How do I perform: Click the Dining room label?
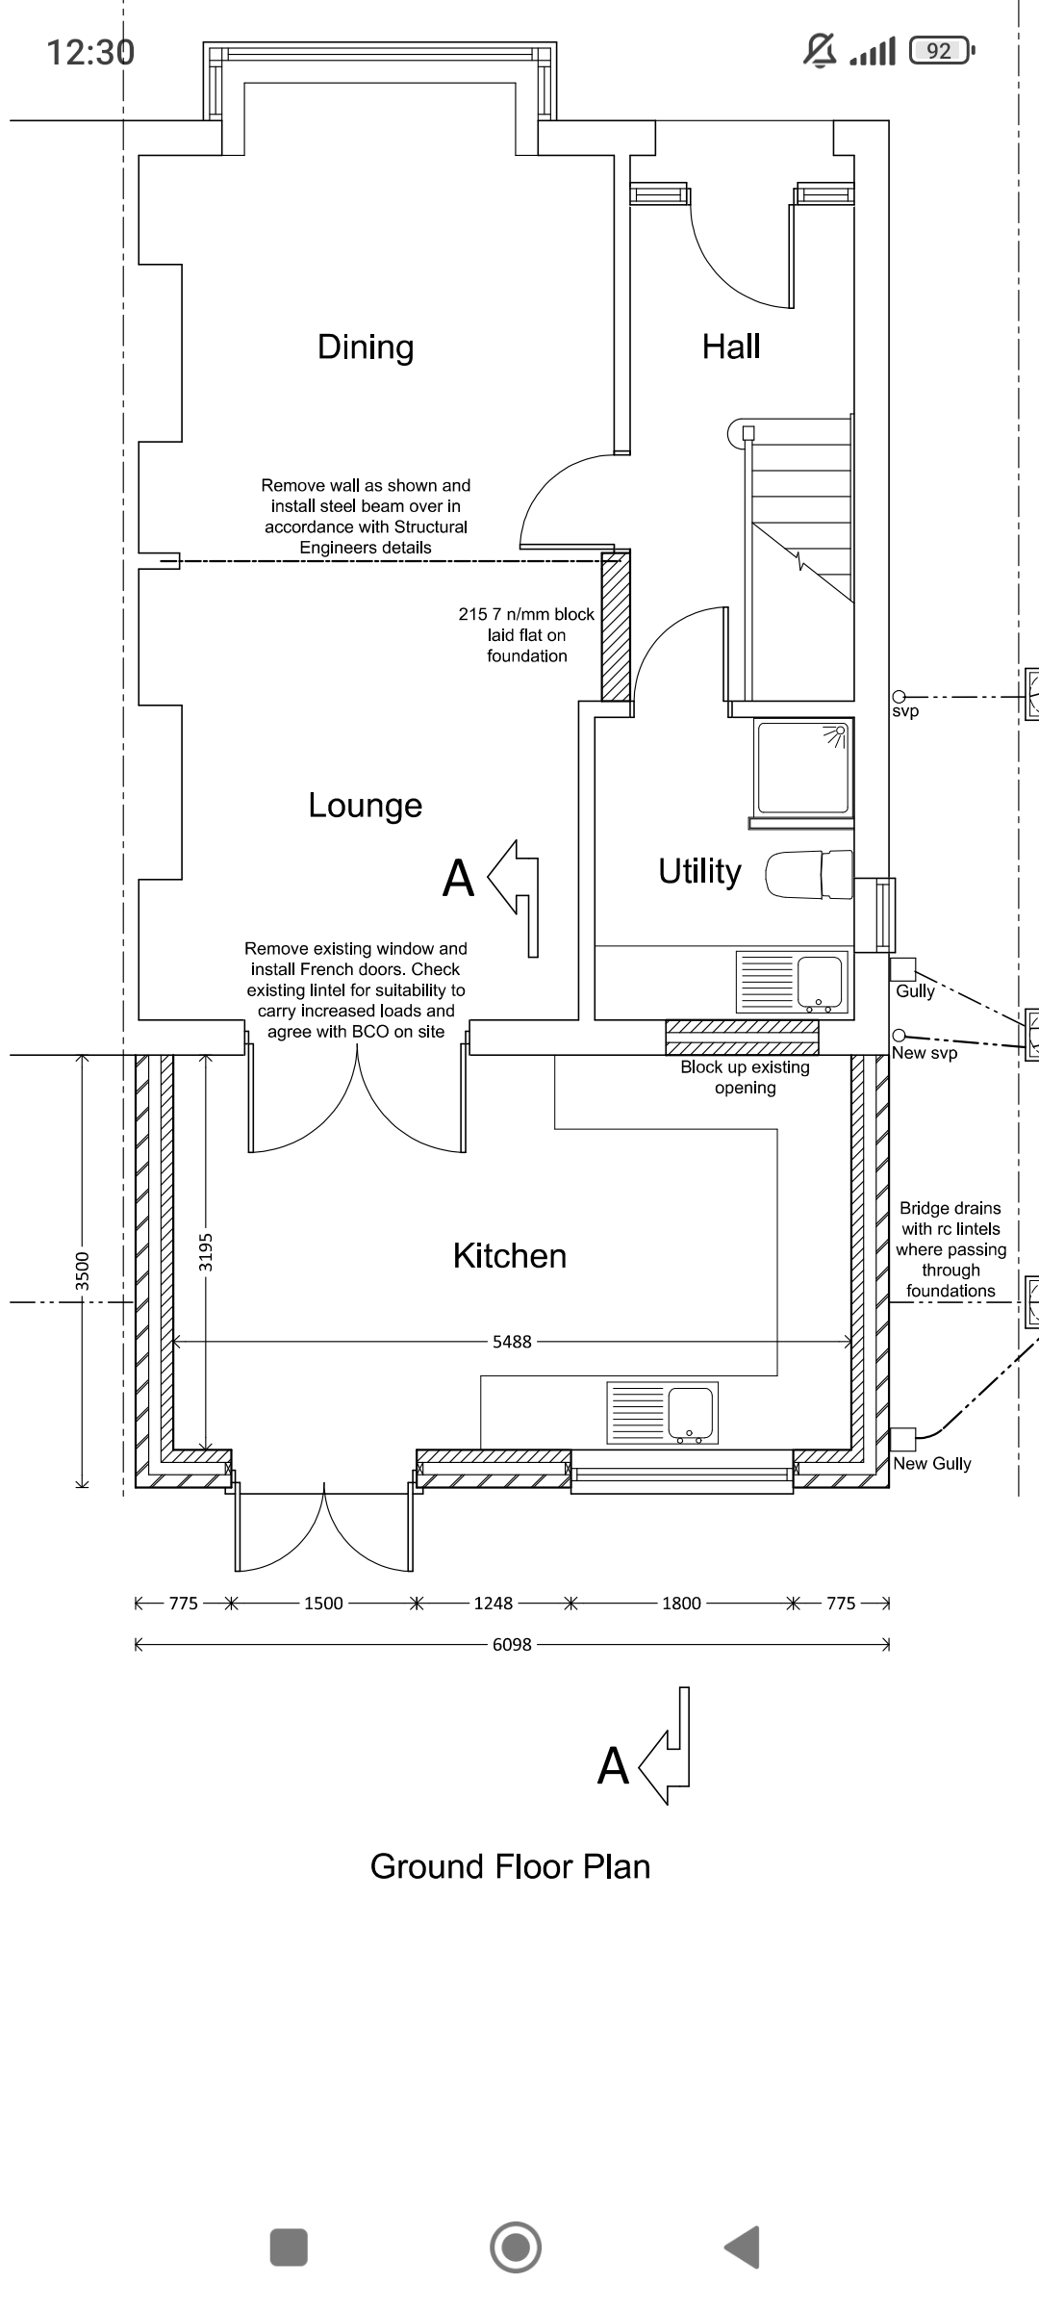(x=366, y=347)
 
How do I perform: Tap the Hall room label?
(x=731, y=346)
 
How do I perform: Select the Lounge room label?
(x=366, y=806)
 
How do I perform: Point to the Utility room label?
(x=699, y=872)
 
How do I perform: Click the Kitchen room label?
(x=510, y=1256)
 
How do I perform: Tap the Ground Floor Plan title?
(x=510, y=1867)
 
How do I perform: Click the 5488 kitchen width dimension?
(x=512, y=1342)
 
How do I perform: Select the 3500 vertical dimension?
(x=82, y=1270)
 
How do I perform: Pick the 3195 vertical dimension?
(x=206, y=1251)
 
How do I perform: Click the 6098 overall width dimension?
(x=512, y=1645)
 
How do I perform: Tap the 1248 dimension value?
(x=494, y=1604)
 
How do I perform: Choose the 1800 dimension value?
(x=681, y=1604)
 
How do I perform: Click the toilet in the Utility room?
(x=809, y=874)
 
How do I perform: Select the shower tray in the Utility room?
(x=801, y=768)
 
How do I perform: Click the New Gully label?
(x=932, y=1464)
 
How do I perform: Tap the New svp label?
(x=925, y=1053)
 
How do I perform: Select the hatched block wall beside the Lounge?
(x=616, y=627)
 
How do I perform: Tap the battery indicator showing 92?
(x=941, y=50)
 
